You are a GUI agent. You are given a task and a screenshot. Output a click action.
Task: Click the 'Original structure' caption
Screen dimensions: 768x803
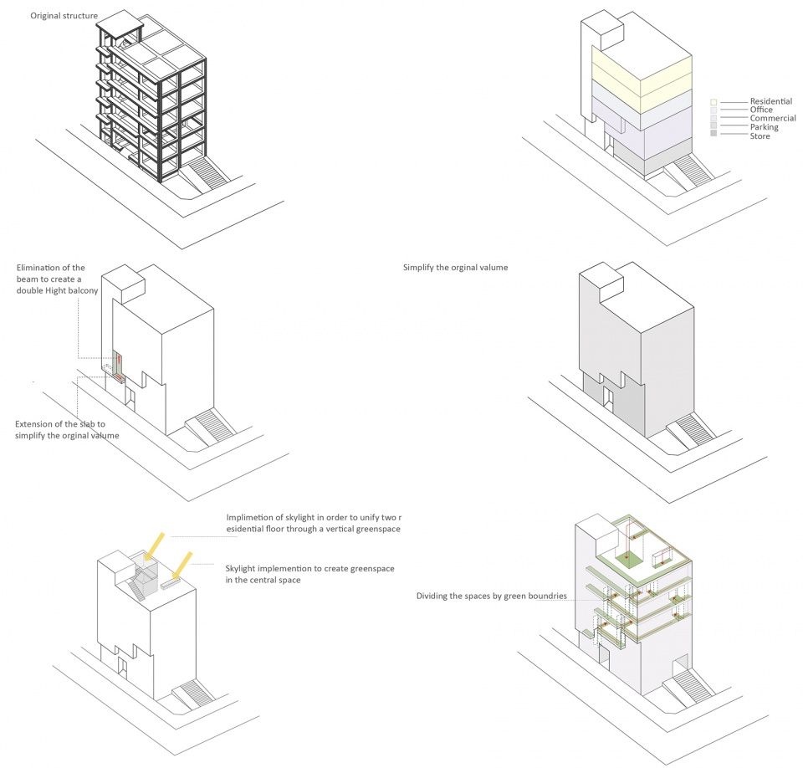[x=64, y=16]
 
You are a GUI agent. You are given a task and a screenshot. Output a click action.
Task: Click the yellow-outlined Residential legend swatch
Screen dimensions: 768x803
[x=713, y=102]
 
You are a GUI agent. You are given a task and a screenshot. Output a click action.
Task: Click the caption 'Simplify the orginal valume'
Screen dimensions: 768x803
[x=455, y=268]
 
